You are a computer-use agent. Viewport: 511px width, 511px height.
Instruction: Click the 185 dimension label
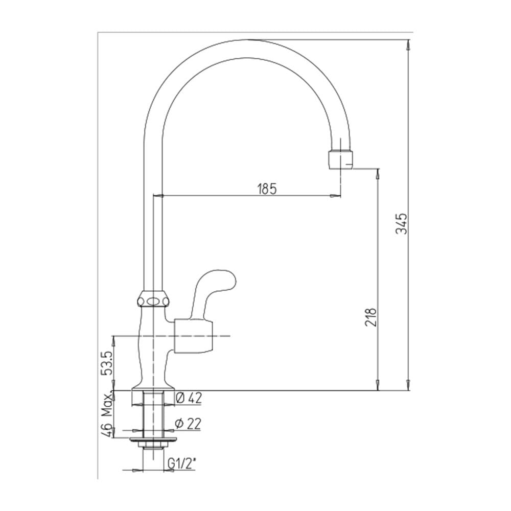click(x=267, y=189)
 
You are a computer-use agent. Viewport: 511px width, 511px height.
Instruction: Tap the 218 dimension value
click(x=371, y=317)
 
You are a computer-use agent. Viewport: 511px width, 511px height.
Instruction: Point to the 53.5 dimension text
click(x=108, y=362)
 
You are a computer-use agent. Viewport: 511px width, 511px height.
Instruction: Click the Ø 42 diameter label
click(x=189, y=398)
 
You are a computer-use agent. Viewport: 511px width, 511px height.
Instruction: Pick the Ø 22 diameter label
click(x=188, y=423)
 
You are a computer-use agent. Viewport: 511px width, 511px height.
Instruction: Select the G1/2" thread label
click(x=181, y=462)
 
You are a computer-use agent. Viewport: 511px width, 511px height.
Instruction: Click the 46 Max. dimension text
click(x=107, y=414)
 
